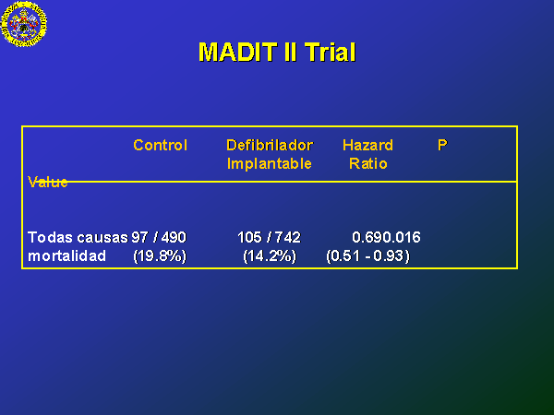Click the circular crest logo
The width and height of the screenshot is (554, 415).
pyautogui.click(x=24, y=24)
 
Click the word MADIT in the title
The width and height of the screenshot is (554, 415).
pyautogui.click(x=238, y=53)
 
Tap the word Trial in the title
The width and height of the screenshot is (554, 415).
pyautogui.click(x=330, y=53)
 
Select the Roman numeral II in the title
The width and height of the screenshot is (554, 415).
pyautogui.click(x=291, y=53)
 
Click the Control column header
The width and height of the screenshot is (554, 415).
pyautogui.click(x=161, y=145)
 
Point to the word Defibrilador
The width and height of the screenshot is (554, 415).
pyautogui.click(x=270, y=145)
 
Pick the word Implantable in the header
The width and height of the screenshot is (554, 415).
pyautogui.click(x=270, y=163)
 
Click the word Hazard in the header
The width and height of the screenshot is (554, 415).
pyautogui.click(x=367, y=145)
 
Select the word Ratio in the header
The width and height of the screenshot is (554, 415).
pyautogui.click(x=368, y=163)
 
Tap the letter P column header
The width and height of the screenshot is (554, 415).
pyautogui.click(x=442, y=145)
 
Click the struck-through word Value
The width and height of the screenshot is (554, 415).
pyautogui.click(x=48, y=182)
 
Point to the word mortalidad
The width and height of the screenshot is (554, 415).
pyautogui.click(x=66, y=255)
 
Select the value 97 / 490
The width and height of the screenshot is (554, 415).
pyautogui.click(x=159, y=237)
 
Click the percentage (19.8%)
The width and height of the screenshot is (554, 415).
pyautogui.click(x=160, y=255)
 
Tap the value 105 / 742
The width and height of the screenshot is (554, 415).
pyautogui.click(x=269, y=237)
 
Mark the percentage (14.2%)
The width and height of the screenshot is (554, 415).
pyautogui.click(x=270, y=255)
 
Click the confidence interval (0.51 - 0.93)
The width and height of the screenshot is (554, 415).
pyautogui.click(x=367, y=255)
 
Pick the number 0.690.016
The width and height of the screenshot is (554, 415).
pyautogui.click(x=386, y=237)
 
